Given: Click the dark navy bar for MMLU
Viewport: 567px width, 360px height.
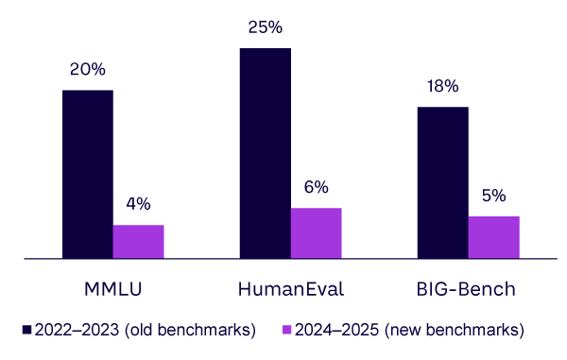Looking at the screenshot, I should [x=87, y=174].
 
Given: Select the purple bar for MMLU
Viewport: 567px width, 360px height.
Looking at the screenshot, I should [x=138, y=241].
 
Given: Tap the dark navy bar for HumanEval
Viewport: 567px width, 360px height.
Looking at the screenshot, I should [x=265, y=152].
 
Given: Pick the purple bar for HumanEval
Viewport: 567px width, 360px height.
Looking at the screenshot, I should [x=316, y=232].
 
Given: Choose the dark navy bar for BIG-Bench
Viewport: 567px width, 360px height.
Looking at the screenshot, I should [x=442, y=182].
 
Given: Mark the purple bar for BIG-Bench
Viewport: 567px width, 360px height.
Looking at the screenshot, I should [x=493, y=236].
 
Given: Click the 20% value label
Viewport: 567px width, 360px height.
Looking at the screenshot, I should [x=87, y=70].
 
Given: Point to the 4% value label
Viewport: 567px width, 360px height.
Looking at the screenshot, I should [x=138, y=204].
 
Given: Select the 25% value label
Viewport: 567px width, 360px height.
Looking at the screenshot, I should [x=265, y=27].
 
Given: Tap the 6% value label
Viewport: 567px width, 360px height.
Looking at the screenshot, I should [x=316, y=188].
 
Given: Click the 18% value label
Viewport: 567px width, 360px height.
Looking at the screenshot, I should [x=442, y=86].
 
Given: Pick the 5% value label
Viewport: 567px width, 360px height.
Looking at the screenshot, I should [x=493, y=197].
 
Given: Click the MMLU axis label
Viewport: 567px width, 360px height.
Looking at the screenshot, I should [x=112, y=287].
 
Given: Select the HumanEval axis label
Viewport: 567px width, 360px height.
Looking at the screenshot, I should [x=290, y=287].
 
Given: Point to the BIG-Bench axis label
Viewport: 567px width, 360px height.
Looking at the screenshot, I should [x=468, y=287].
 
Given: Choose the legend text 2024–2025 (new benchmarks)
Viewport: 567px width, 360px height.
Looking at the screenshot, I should [x=409, y=330].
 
